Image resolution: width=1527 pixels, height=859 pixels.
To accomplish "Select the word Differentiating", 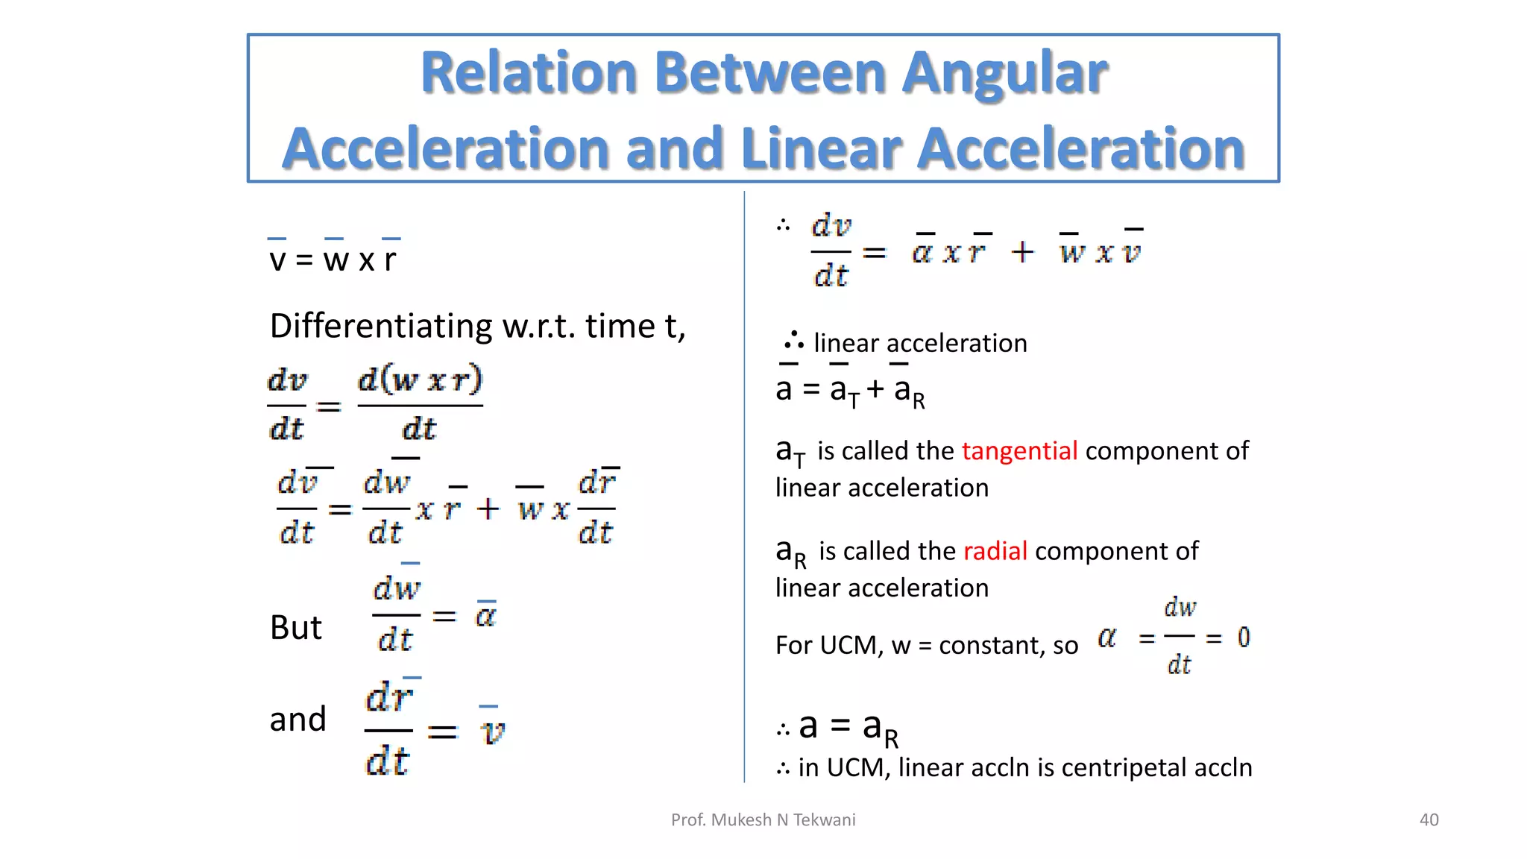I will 381,327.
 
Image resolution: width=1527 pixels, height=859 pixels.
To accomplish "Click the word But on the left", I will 295,628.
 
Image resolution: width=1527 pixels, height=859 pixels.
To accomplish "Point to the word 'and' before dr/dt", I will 297,720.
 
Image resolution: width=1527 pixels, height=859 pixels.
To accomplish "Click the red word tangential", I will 1019,451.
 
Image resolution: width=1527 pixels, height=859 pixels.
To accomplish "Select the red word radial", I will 995,551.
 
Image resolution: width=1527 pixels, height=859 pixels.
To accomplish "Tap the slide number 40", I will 1429,819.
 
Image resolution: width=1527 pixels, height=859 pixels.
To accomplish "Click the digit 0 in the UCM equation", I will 1244,638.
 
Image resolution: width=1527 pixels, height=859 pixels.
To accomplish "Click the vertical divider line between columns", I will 744,485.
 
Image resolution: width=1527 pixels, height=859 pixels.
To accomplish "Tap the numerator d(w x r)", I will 420,381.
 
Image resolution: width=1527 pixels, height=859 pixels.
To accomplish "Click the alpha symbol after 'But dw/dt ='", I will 485,616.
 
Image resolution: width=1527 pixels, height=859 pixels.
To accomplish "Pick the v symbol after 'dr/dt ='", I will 492,732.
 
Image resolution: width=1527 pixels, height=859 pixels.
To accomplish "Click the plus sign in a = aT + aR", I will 875,389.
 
